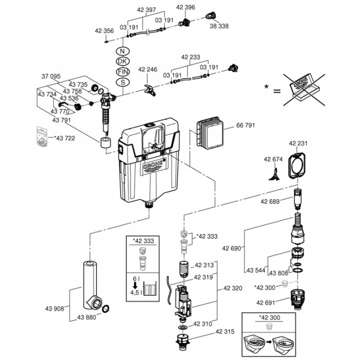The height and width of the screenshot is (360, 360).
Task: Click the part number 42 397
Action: tap(146, 10)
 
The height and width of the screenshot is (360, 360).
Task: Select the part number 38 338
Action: tap(219, 26)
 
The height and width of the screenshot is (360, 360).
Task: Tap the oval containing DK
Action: tap(123, 61)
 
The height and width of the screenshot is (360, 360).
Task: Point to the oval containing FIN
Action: tap(123, 71)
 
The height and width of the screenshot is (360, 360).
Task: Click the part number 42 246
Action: tap(148, 69)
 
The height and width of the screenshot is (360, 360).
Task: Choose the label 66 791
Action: tap(245, 125)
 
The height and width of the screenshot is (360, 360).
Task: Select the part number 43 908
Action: tap(55, 309)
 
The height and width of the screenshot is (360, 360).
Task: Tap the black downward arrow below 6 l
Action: tap(135, 285)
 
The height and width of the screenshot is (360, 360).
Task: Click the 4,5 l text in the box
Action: tap(135, 293)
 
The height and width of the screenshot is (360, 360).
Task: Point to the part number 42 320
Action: tap(232, 288)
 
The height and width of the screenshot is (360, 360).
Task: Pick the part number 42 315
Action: tap(225, 331)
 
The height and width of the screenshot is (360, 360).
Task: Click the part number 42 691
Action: tap(266, 302)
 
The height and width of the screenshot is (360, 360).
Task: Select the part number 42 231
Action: tap(298, 143)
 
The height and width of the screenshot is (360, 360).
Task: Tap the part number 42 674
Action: tap(273, 159)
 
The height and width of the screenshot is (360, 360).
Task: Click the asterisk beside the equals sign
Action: tap(266, 87)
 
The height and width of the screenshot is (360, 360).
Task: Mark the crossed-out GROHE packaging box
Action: tap(304, 89)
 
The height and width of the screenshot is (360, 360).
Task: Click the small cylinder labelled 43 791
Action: tap(106, 142)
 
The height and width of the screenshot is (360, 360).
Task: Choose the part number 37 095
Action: tap(51, 76)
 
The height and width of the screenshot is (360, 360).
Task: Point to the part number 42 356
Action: tap(104, 31)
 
